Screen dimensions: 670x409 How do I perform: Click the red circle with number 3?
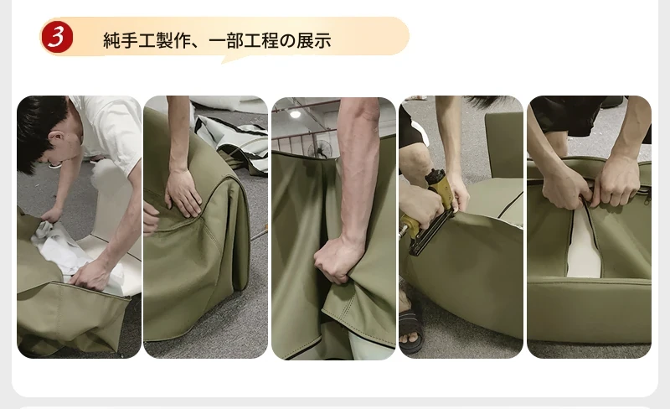[57, 37]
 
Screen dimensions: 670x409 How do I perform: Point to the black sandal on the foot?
[411, 328]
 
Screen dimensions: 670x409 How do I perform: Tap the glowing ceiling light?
[296, 114]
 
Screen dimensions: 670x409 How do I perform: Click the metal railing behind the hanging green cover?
[299, 139]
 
